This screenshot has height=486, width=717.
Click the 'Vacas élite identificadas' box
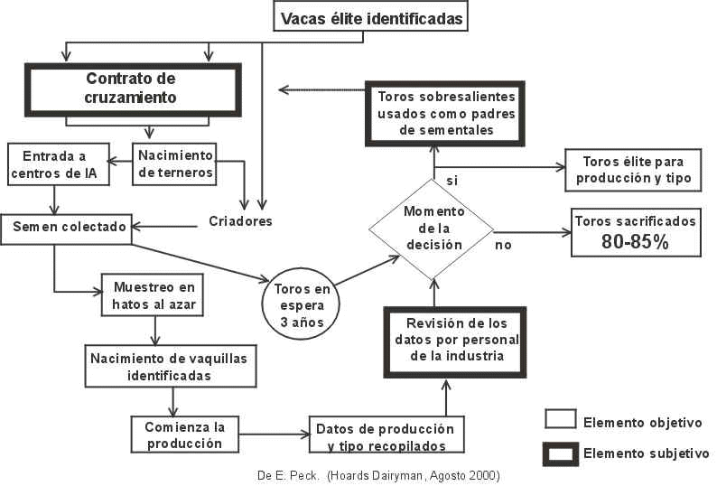(x=371, y=17)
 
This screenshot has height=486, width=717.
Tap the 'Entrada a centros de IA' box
(x=59, y=164)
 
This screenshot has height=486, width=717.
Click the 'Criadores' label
(x=240, y=220)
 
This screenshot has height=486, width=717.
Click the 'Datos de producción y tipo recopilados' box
(x=386, y=434)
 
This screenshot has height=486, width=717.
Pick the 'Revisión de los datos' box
(x=442, y=339)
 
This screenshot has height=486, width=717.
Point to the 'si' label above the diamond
(x=452, y=181)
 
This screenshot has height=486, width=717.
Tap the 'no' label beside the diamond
(x=503, y=244)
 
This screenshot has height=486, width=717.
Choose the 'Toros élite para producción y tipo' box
(x=632, y=170)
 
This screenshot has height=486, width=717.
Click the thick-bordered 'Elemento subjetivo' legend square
(x=560, y=453)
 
